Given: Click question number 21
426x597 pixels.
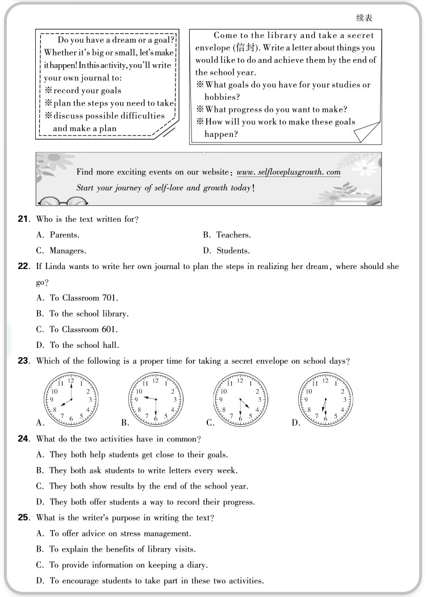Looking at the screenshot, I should click(x=23, y=219).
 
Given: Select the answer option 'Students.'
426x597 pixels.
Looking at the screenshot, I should click(x=233, y=251).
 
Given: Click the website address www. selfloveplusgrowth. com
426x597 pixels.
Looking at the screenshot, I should click(x=288, y=172).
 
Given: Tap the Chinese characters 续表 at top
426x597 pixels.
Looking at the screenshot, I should click(x=364, y=18).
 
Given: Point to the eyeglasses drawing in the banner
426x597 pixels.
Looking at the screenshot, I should click(x=62, y=201).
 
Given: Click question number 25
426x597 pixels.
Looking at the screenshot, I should click(x=23, y=518).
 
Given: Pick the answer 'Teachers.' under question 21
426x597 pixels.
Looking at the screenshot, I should click(x=233, y=235).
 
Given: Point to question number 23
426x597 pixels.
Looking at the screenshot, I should click(x=23, y=360).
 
